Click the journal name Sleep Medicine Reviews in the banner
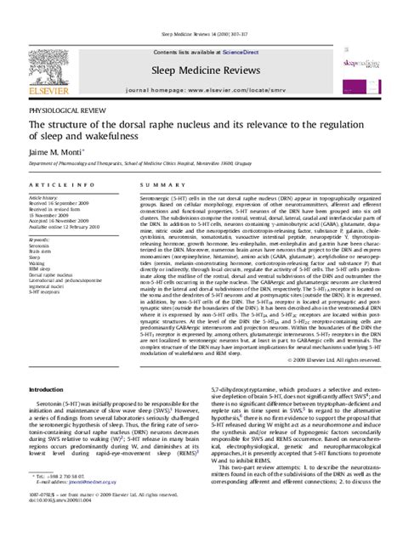coord(201,49)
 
